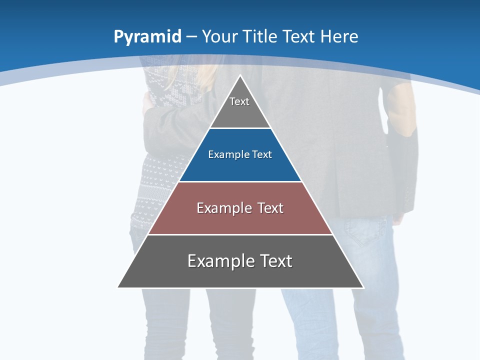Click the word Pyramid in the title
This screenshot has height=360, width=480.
point(147,36)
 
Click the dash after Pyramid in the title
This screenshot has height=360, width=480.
point(191,36)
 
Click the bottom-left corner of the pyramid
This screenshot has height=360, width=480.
point(118,287)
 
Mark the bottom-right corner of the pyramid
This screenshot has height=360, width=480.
point(363,287)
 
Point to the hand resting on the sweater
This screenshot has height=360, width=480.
point(146,102)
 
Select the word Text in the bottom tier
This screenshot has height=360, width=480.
point(274,261)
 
